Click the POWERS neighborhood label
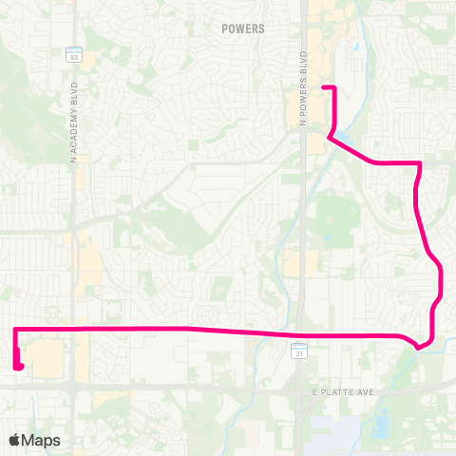click(x=242, y=29)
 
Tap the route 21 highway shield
click(x=297, y=352)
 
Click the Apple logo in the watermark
click(x=15, y=440)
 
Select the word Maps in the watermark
click(x=42, y=440)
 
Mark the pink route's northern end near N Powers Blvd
click(x=324, y=87)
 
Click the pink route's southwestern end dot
click(x=19, y=366)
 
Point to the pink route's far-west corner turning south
click(x=15, y=329)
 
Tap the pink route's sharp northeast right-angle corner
click(x=419, y=163)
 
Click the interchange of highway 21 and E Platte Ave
click(x=296, y=387)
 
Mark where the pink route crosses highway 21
click(x=299, y=334)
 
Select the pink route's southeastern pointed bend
click(x=418, y=347)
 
